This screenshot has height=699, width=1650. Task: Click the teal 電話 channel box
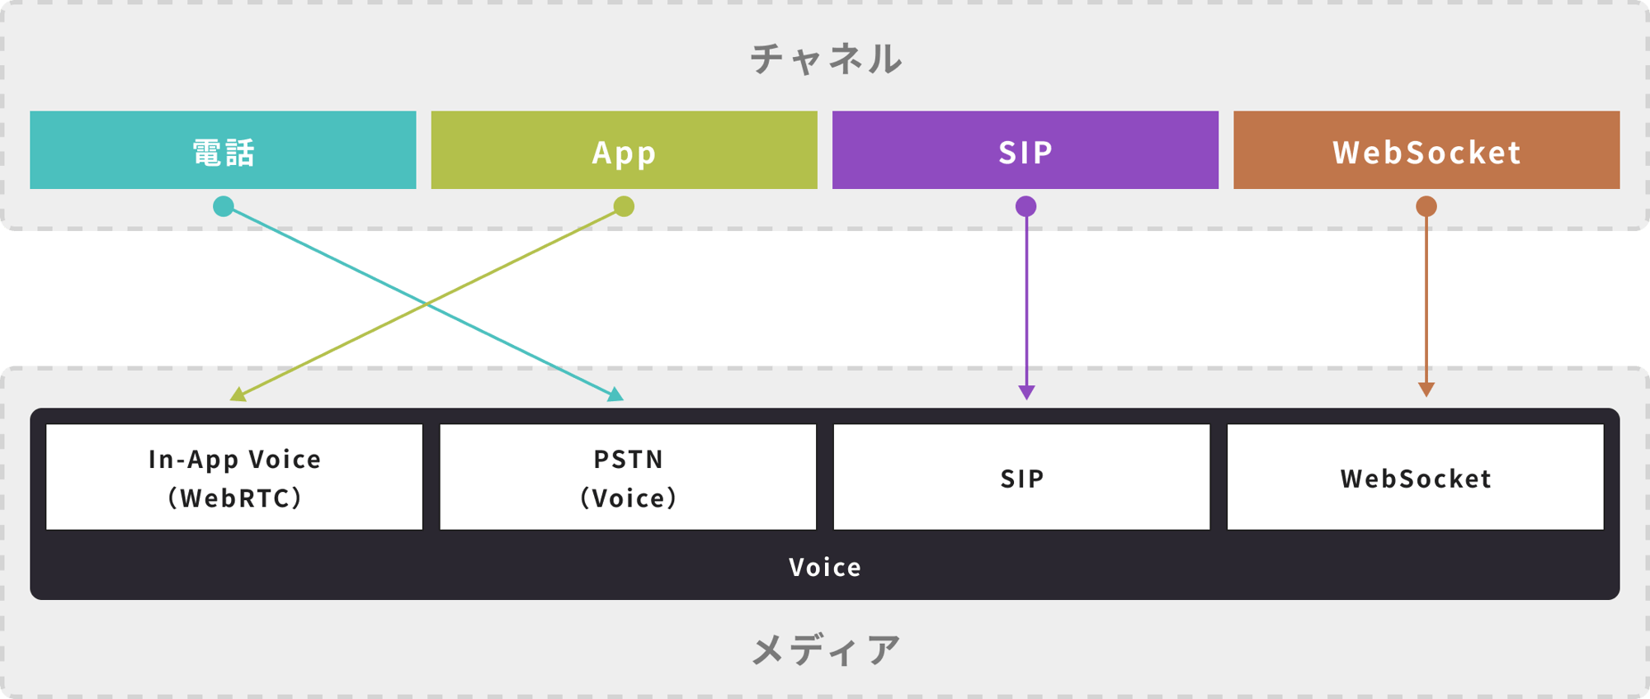click(x=223, y=150)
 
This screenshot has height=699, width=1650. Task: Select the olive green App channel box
click(x=624, y=150)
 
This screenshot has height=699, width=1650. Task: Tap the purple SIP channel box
click(x=1025, y=150)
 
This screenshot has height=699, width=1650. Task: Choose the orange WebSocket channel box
click(x=1426, y=150)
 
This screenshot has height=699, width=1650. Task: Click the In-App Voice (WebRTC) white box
click(x=234, y=477)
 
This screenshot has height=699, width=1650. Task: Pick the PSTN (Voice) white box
click(x=628, y=477)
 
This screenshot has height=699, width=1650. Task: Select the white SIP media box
click(x=1021, y=477)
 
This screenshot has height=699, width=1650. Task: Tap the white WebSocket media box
click(x=1416, y=477)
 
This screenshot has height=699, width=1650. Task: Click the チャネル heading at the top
click(x=826, y=59)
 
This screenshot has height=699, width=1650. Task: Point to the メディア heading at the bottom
click(x=826, y=650)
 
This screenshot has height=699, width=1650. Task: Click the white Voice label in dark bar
click(x=825, y=567)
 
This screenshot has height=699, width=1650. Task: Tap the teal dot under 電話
click(x=224, y=206)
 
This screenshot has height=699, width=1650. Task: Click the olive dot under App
click(x=624, y=206)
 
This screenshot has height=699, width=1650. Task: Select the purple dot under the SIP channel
click(x=1025, y=206)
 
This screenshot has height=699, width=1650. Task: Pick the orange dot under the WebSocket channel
click(x=1426, y=206)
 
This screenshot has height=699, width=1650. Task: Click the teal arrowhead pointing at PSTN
click(x=615, y=394)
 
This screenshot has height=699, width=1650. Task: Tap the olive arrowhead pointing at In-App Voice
click(x=239, y=394)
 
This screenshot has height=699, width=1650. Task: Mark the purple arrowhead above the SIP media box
click(x=1026, y=392)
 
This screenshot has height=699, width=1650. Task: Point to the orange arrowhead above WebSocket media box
click(x=1426, y=390)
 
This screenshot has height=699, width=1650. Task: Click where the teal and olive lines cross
click(x=426, y=304)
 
